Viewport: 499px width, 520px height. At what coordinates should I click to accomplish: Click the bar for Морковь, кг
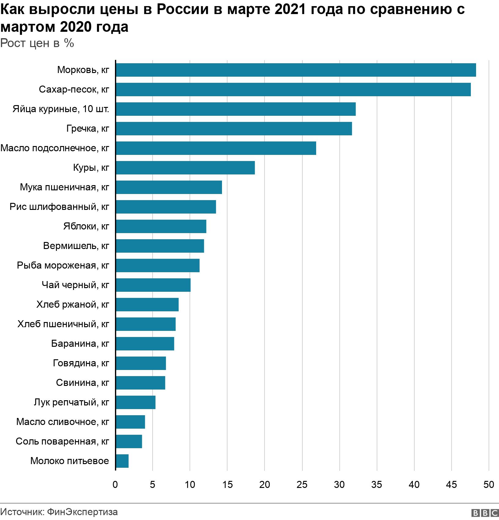[x=296, y=70]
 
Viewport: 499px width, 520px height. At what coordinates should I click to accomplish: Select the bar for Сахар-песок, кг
[x=293, y=90]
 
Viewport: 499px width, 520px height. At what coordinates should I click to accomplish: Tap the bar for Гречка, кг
[x=234, y=129]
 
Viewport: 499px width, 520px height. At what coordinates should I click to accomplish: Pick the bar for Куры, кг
[x=185, y=168]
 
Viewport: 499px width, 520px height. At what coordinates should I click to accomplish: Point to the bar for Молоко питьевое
[x=122, y=461]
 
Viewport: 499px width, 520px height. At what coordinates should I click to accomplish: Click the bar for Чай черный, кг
[x=153, y=285]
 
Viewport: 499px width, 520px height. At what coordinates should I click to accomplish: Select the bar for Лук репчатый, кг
[x=135, y=402]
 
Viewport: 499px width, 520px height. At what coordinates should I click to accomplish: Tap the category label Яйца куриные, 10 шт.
[x=61, y=109]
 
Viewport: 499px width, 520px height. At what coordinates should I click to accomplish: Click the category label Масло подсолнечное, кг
[x=55, y=148]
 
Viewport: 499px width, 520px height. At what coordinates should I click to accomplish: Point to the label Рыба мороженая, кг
[x=63, y=265]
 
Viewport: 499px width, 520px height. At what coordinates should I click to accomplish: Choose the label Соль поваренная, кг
[x=62, y=441]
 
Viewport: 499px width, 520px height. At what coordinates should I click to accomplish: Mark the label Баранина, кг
[x=80, y=344]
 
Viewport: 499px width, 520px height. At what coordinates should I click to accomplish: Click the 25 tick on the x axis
[x=302, y=485]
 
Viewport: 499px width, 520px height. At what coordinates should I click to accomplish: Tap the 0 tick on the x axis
[x=115, y=485]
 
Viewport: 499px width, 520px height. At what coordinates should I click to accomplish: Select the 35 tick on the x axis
[x=377, y=485]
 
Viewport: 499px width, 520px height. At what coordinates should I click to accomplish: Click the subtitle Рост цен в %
[x=37, y=43]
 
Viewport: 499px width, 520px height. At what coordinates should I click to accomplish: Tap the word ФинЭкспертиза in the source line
[x=83, y=512]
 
